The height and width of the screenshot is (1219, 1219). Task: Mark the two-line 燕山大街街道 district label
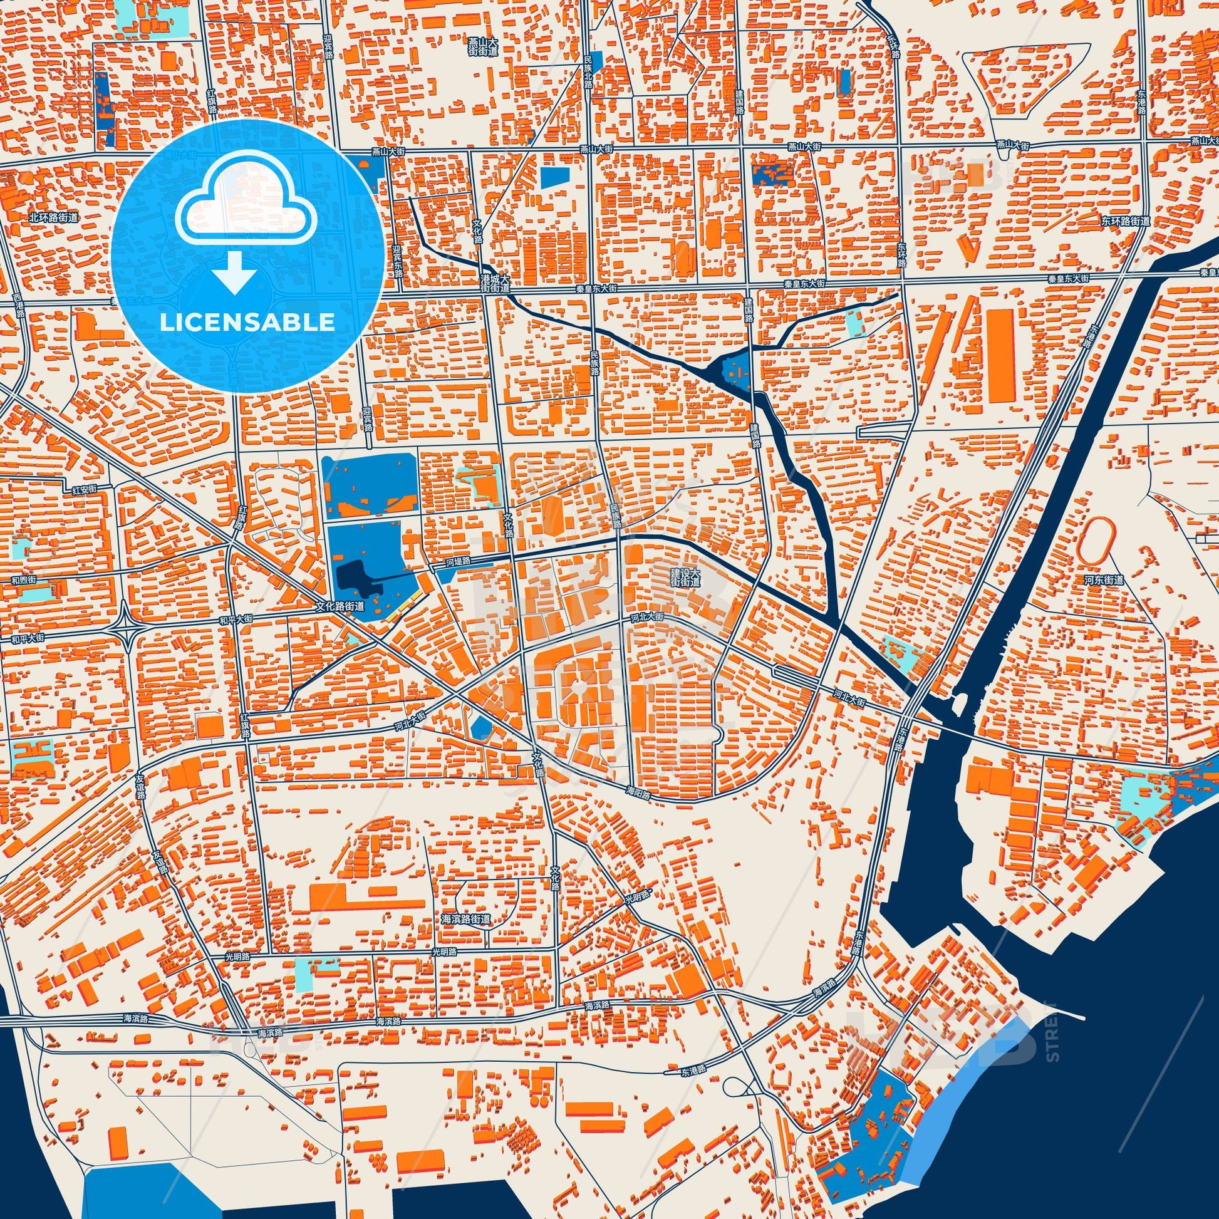pos(484,46)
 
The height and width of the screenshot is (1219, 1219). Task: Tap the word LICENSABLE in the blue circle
pos(247,322)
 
